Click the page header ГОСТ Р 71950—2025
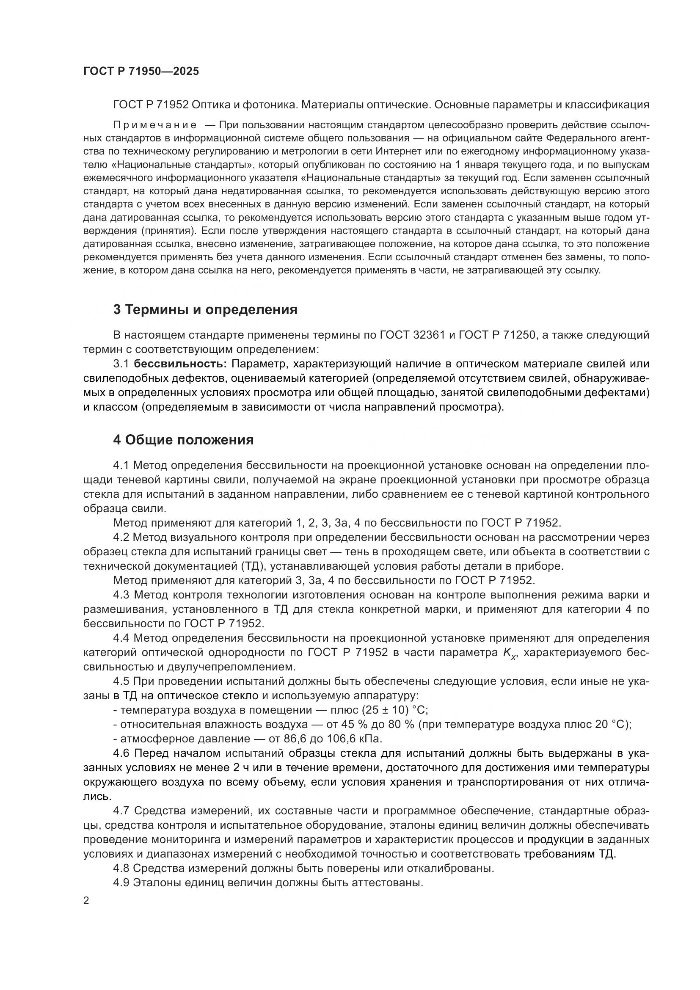coord(141,72)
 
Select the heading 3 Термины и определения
coord(205,309)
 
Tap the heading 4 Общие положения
coord(183,440)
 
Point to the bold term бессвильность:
coord(181,364)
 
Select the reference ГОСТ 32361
coord(413,335)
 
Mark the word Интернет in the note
coord(394,152)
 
